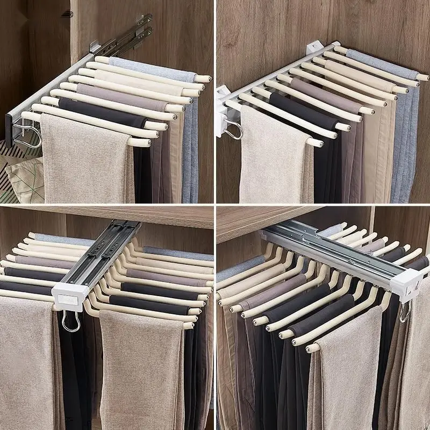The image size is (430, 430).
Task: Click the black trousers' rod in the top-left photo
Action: tap(102, 108)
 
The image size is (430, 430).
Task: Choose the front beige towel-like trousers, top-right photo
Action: tap(269, 161)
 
